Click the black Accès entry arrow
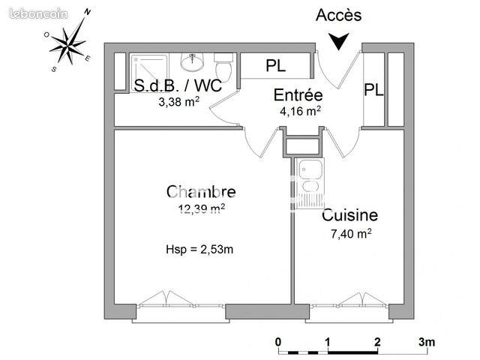(339, 41)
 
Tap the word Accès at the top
(338, 15)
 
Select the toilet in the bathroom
(224, 67)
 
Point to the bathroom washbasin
(192, 62)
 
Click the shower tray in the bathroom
(150, 73)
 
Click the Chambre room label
(201, 192)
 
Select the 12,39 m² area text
(202, 208)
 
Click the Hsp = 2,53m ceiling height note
(199, 250)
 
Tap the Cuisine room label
(349, 215)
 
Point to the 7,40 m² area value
(351, 233)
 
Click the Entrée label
(298, 95)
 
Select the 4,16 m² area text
(300, 111)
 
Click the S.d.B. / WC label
(178, 85)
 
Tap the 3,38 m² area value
(179, 102)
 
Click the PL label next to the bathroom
(275, 65)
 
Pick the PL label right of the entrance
(373, 90)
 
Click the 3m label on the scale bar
(427, 342)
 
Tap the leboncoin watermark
(38, 13)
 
